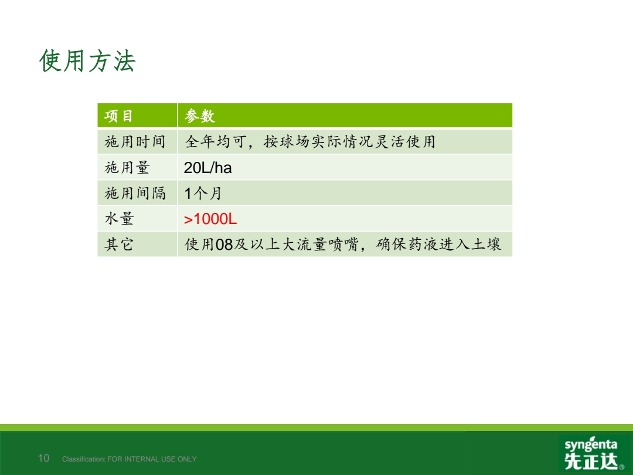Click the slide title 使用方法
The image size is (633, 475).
(x=87, y=61)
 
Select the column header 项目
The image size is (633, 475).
(x=118, y=116)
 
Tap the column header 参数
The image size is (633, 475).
(x=199, y=116)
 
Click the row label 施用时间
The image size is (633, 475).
(x=135, y=142)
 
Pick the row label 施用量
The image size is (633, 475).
(x=127, y=167)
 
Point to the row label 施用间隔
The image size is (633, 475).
(x=135, y=193)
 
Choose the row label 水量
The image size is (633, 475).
(x=119, y=219)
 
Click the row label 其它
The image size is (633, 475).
(x=118, y=245)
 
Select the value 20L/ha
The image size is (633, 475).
(x=208, y=168)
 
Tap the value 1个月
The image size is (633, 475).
(x=203, y=194)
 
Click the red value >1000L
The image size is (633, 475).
(x=210, y=219)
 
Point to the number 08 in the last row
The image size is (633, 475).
(x=224, y=245)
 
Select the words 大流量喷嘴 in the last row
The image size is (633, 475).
(x=320, y=245)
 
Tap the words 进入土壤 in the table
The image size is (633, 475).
(x=470, y=245)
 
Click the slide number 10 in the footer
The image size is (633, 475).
(x=43, y=457)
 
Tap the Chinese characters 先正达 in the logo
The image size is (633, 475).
(x=591, y=461)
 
